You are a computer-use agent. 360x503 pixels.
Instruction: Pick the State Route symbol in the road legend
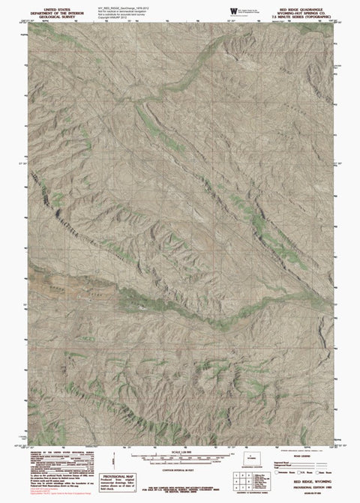(316, 472)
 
